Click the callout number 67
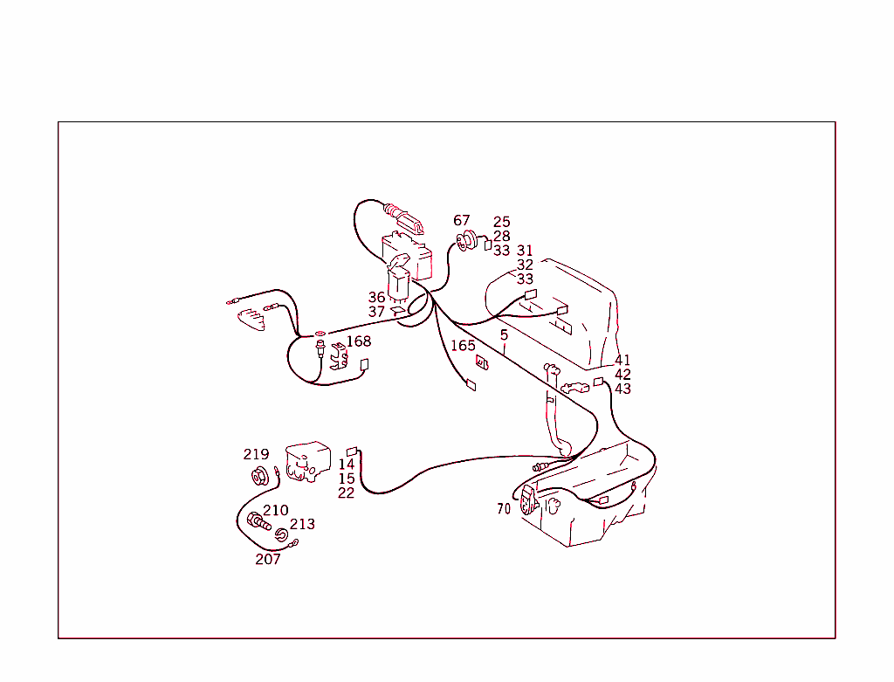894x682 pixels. pos(461,221)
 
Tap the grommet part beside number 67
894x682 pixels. pos(466,240)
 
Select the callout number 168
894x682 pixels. pos(359,341)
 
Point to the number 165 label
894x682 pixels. pos(463,346)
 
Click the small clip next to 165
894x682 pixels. pos(481,360)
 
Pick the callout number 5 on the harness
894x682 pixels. pos(504,335)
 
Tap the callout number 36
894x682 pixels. pos(376,298)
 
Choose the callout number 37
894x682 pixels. pos(376,312)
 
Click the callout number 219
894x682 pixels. pos(256,455)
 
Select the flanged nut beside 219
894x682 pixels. pos(259,477)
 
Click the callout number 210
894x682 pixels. pos(276,511)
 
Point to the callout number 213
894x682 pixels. pos(302,525)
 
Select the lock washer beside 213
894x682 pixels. pos(283,534)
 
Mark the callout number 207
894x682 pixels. pos(268,560)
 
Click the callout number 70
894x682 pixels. pos(504,509)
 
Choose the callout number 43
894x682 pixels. pos(622,389)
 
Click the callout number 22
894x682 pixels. pos(347,493)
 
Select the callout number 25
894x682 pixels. pos(501,223)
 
